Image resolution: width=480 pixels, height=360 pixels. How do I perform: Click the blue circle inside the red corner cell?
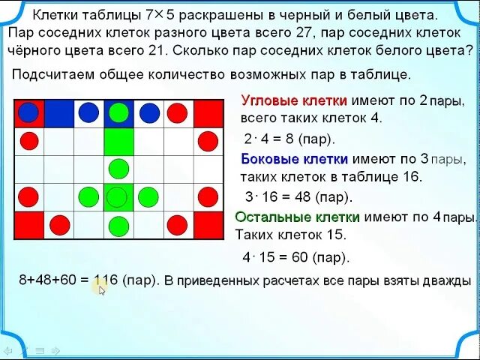tap(28, 112)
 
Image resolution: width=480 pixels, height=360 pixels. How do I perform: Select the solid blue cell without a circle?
tap(58, 112)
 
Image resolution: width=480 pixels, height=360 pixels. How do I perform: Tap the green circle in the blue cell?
tap(118, 112)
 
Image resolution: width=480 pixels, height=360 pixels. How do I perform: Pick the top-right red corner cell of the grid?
tap(208, 112)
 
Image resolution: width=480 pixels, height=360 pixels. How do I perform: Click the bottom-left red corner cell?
tap(28, 224)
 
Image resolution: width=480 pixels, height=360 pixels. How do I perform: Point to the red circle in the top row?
tap(177, 112)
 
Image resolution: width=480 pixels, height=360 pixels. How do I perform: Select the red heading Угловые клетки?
tap(293, 100)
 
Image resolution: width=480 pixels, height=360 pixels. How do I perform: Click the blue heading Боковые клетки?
tap(294, 159)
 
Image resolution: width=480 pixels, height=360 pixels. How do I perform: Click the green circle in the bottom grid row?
tap(118, 225)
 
